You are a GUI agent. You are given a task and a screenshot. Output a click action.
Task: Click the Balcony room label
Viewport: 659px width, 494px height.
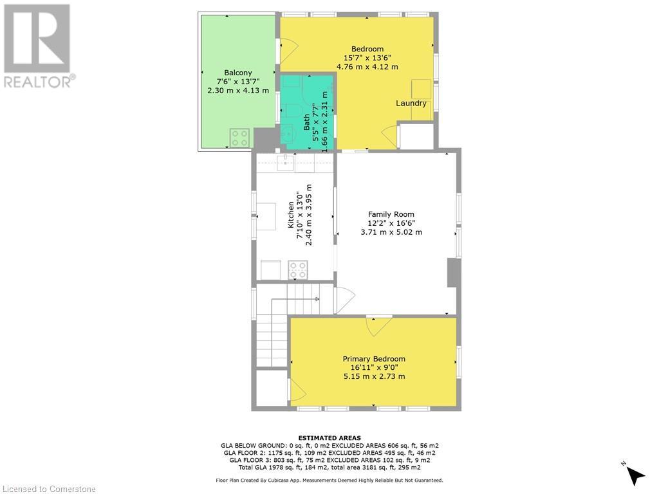[x=238, y=73]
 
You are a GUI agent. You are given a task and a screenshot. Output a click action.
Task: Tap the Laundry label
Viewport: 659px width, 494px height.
[x=411, y=103]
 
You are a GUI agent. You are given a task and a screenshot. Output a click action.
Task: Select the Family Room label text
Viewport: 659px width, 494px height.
[x=391, y=214]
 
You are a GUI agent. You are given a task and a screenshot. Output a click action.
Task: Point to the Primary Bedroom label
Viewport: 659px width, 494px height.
[x=374, y=359]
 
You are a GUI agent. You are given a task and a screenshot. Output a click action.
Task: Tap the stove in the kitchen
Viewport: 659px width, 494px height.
[x=297, y=269]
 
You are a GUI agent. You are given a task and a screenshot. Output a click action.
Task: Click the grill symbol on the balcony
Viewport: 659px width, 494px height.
[x=240, y=137]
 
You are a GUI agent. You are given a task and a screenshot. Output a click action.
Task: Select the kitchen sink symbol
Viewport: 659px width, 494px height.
[x=286, y=163]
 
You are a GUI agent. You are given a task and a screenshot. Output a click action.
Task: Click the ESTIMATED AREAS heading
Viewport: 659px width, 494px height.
[x=329, y=437]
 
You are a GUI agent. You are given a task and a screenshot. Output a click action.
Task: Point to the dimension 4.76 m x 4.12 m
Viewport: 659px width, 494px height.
[x=367, y=67]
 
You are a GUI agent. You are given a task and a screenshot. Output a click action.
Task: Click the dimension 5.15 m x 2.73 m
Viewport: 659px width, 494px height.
[x=374, y=377]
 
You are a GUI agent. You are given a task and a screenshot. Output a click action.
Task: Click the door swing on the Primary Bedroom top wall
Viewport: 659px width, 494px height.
[x=378, y=324]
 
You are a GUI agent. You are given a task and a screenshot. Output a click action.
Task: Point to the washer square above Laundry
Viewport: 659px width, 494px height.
[x=422, y=88]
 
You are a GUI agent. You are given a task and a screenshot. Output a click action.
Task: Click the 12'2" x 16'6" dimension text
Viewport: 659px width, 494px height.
[x=391, y=223]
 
